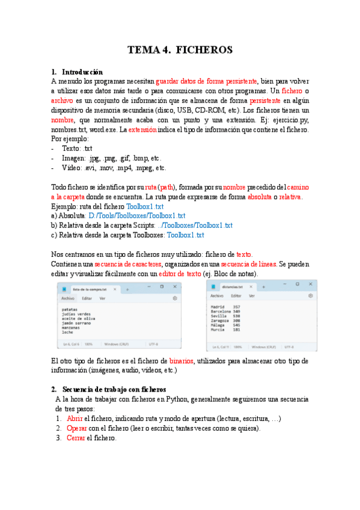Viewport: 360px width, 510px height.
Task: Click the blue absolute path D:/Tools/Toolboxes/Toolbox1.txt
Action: click(136, 216)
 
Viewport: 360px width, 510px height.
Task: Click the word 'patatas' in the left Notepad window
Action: click(70, 309)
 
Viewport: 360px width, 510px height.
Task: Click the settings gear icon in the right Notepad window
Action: click(310, 296)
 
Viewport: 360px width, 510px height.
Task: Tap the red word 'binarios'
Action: click(180, 361)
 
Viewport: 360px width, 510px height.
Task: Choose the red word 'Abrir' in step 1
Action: click(75, 419)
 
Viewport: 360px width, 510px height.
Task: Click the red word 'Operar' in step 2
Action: click(77, 428)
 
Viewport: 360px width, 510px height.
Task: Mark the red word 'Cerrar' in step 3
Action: click(76, 438)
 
